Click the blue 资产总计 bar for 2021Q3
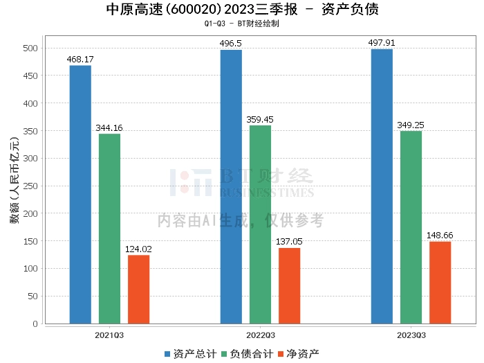tap(80, 194)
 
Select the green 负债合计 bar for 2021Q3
tap(109, 229)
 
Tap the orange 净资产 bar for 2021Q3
tap(138, 289)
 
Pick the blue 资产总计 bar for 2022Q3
tap(231, 186)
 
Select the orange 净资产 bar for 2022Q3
tap(289, 285)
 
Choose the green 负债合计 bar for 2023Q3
tap(411, 227)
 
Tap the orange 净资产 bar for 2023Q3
tap(440, 282)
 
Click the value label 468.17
tap(80, 60)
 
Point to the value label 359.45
tap(260, 119)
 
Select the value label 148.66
tap(440, 236)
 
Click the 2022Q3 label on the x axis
tap(260, 335)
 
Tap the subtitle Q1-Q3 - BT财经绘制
tap(242, 24)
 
